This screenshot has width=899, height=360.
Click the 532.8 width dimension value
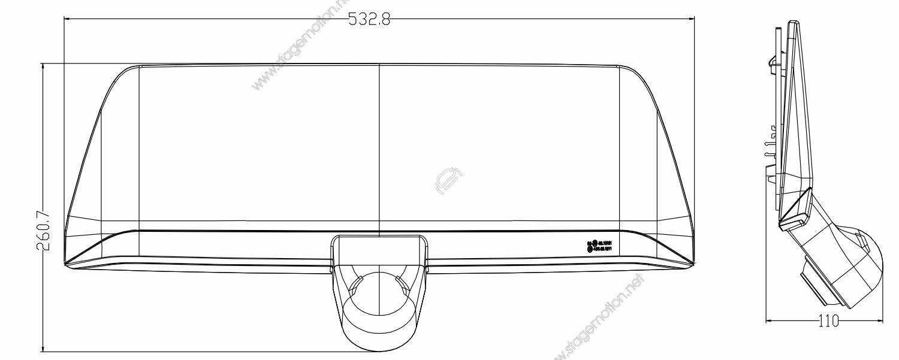click(369, 19)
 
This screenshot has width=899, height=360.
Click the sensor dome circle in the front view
click(379, 299)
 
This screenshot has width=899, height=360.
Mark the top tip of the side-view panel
click(794, 23)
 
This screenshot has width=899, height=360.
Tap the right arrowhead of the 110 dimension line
click(882, 322)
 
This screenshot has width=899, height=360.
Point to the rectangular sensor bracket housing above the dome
click(379, 252)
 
